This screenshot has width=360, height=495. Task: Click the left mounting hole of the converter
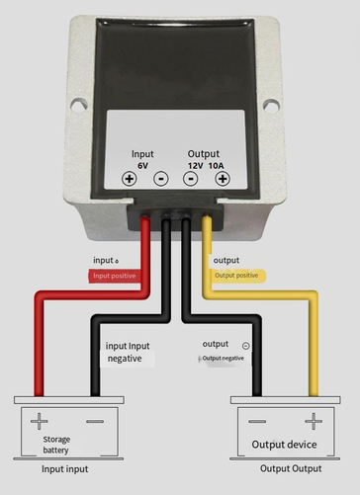[79, 105]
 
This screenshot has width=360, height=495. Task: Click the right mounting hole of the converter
[271, 106]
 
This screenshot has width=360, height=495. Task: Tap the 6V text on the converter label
[142, 166]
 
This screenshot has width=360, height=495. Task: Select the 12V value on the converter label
[195, 166]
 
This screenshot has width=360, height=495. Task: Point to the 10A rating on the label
[216, 166]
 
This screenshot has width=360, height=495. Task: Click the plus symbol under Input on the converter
[130, 179]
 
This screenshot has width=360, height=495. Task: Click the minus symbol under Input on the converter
[161, 179]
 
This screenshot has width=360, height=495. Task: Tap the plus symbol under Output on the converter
[223, 179]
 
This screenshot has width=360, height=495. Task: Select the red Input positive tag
[114, 276]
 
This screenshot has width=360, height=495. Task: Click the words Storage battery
[56, 445]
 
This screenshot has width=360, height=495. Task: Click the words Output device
[284, 445]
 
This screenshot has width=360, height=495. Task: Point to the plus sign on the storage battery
[40, 421]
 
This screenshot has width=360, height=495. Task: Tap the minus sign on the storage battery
[95, 421]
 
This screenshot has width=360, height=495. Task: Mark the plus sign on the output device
[314, 421]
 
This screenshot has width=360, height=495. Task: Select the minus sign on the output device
[257, 421]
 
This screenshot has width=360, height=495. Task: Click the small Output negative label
[224, 359]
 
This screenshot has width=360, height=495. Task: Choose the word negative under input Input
[125, 359]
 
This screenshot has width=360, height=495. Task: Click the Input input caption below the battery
[65, 469]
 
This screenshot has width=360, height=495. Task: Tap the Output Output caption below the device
[291, 468]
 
